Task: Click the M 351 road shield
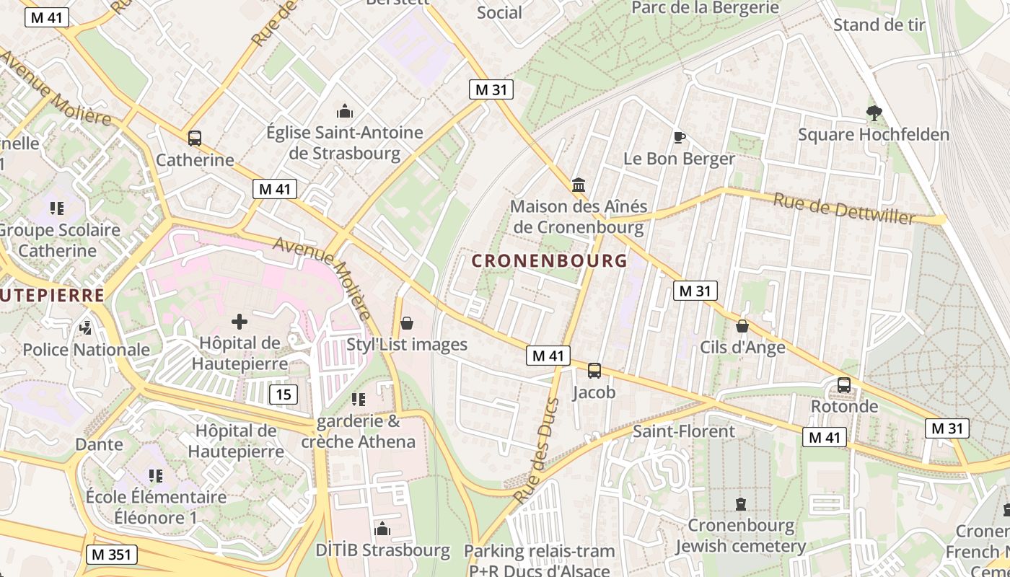(111, 555)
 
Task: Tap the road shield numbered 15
(284, 394)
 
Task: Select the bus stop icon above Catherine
(194, 138)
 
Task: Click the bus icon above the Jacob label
(594, 370)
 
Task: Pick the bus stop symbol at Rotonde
(844, 384)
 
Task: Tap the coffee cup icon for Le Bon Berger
(678, 136)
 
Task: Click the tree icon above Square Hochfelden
(874, 113)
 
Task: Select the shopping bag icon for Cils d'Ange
(742, 326)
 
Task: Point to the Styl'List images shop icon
(407, 322)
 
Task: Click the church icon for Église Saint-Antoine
(345, 111)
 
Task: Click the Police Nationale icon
(86, 328)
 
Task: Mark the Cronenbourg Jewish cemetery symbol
(740, 503)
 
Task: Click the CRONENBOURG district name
(549, 260)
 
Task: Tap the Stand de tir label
(879, 25)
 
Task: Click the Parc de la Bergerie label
(706, 7)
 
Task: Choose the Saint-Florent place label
(683, 431)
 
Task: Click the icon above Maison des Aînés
(578, 185)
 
